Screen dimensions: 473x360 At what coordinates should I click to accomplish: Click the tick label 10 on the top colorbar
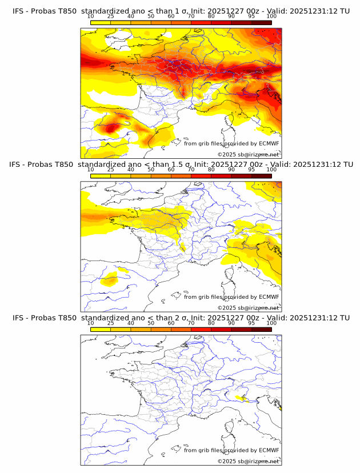[91, 16]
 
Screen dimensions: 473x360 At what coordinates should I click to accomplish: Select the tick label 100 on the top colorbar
[271, 16]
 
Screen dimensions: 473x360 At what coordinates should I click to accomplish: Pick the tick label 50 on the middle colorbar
[151, 170]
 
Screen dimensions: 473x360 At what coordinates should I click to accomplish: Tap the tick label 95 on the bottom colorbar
[251, 323]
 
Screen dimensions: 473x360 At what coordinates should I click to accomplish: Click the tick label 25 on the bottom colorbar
[111, 323]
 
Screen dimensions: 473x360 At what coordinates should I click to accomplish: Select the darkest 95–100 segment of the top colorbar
[261, 23]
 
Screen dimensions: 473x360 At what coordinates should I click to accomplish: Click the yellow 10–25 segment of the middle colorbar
[101, 176]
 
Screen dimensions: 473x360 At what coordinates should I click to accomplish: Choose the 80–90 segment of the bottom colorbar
[221, 329]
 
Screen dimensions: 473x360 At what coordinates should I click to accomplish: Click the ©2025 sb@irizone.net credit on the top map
[248, 154]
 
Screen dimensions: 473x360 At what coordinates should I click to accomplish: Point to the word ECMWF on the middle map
[269, 297]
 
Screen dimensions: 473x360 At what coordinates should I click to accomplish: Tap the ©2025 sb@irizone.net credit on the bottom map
[248, 461]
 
